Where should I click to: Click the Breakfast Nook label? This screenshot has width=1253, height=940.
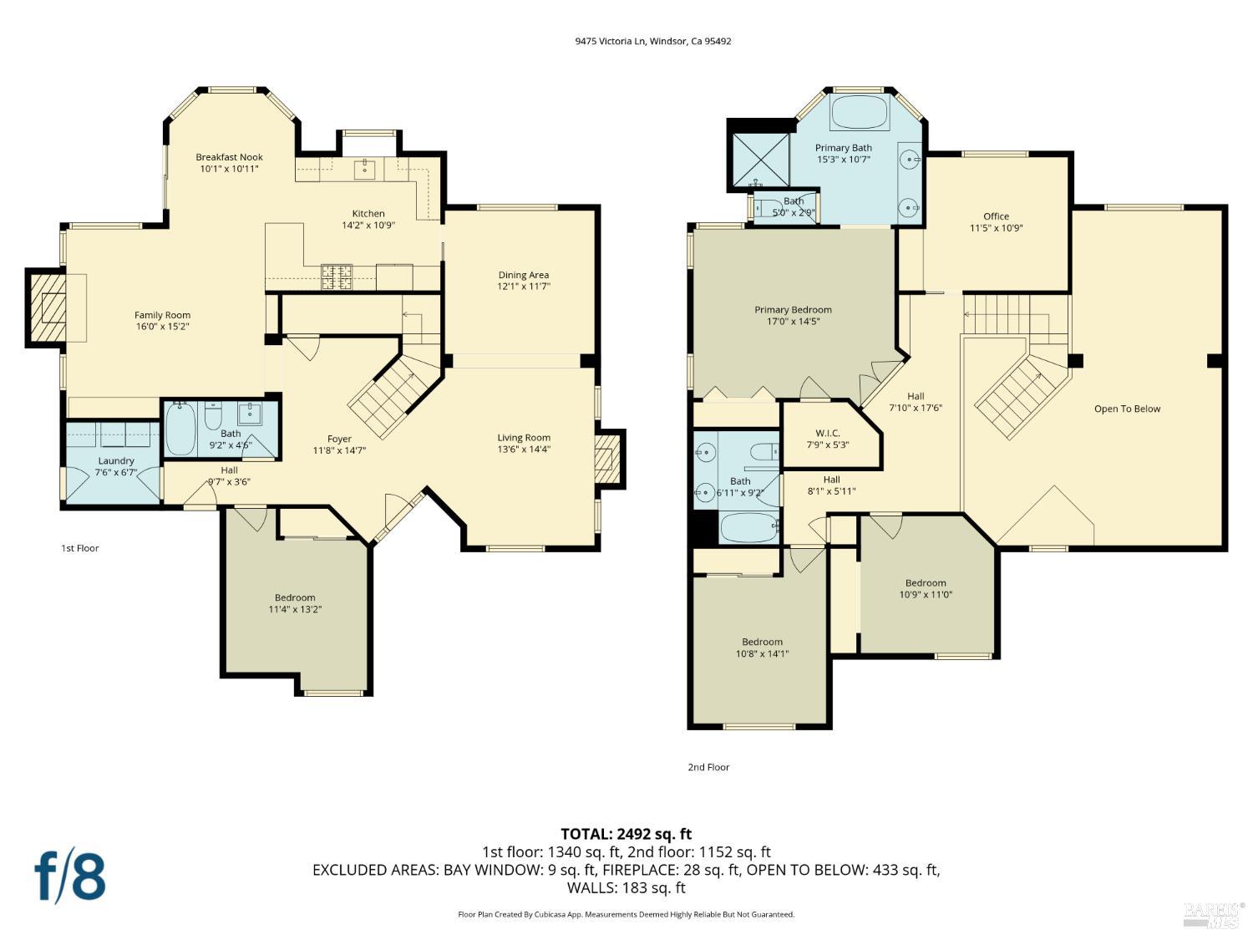tap(229, 157)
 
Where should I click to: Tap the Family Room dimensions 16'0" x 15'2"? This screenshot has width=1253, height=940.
tap(162, 327)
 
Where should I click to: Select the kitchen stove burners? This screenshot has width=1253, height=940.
tap(337, 277)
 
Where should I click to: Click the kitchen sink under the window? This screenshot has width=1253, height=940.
tap(364, 169)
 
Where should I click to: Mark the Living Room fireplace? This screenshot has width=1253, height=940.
tap(608, 459)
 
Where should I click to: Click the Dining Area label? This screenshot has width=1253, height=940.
tap(524, 275)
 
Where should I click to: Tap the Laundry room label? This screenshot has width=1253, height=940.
tap(116, 460)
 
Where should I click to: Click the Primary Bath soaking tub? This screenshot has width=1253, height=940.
tap(860, 113)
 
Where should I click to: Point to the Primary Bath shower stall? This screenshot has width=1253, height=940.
tap(760, 160)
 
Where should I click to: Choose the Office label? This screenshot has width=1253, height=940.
tap(996, 216)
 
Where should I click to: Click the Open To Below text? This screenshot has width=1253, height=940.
tap(1127, 409)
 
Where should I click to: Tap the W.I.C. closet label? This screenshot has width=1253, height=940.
tap(828, 433)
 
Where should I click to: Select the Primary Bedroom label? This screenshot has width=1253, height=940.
tap(793, 310)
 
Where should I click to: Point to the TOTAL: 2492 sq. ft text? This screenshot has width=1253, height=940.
tap(626, 834)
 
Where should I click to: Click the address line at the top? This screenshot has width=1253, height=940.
tap(653, 41)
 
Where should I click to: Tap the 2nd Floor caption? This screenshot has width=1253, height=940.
tap(708, 767)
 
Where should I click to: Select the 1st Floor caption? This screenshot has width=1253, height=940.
tap(80, 548)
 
